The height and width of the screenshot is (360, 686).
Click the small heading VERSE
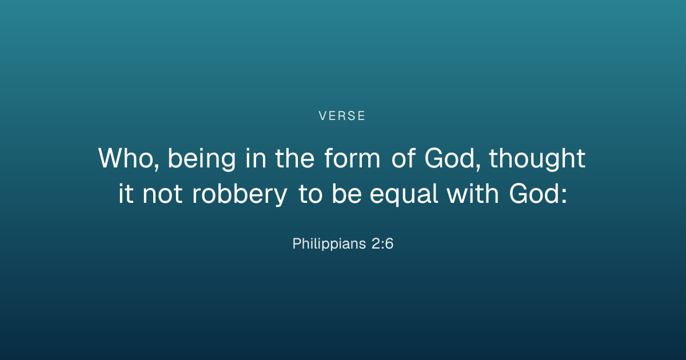pyautogui.click(x=342, y=115)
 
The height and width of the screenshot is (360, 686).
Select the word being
pyautogui.click(x=202, y=159)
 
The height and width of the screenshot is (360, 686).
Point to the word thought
pyautogui.click(x=537, y=159)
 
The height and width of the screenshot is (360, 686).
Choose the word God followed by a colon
pyautogui.click(x=535, y=193)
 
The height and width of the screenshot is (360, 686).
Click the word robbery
pyautogui.click(x=240, y=194)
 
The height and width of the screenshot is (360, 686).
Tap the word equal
pyautogui.click(x=404, y=194)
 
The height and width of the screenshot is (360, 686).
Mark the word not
pyautogui.click(x=162, y=193)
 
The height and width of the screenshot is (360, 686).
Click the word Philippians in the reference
pyautogui.click(x=329, y=244)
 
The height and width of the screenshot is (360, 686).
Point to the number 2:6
pyautogui.click(x=382, y=243)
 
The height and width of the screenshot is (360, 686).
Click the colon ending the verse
pyautogui.click(x=564, y=195)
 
